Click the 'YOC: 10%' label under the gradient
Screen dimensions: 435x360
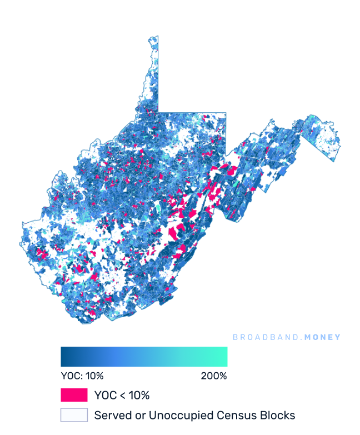coord(82,376)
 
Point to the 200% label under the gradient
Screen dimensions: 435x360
coord(214,376)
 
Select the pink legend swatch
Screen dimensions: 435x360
coord(74,396)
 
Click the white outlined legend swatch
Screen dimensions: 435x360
coord(74,415)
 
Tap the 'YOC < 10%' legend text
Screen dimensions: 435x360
coord(122,396)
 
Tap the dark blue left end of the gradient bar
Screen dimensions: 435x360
coord(64,357)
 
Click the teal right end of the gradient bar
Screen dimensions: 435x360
coord(224,357)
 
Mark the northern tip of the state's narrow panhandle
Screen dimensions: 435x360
coord(153,37)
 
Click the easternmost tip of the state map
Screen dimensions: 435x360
coord(341,147)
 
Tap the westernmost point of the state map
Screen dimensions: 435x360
coord(22,224)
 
